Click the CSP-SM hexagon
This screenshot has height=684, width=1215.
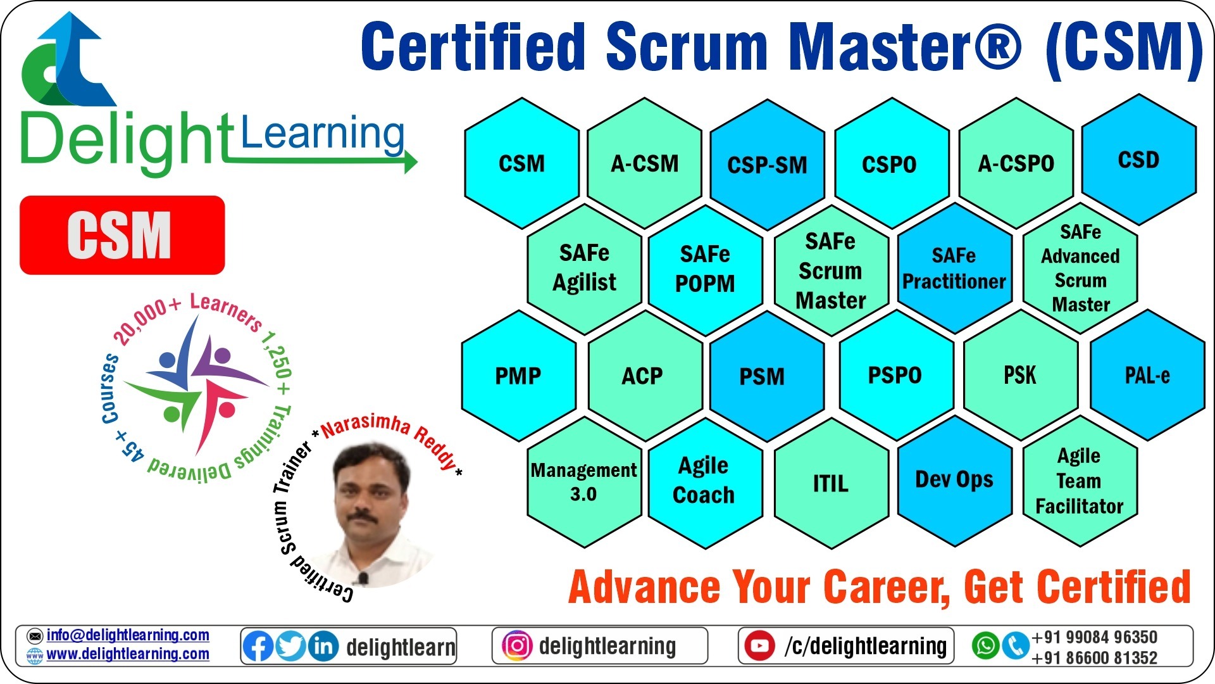[767, 165]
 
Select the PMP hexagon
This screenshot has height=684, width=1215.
[518, 376]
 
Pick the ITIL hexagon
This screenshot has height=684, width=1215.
[830, 484]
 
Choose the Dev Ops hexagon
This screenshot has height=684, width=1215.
[954, 480]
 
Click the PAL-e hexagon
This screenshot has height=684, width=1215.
[1147, 376]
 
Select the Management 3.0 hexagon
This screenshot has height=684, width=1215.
[583, 482]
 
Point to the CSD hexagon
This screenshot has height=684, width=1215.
[1138, 160]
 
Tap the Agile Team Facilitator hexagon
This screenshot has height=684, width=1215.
[1080, 481]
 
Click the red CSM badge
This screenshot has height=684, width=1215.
[121, 235]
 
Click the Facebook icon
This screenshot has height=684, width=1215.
[258, 646]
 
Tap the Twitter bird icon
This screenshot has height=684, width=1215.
[290, 646]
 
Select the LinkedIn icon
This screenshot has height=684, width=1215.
[323, 646]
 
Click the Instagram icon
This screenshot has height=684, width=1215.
[517, 646]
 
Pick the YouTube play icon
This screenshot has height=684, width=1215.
[759, 646]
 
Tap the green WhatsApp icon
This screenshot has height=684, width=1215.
[985, 646]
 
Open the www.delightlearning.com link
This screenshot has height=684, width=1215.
[127, 654]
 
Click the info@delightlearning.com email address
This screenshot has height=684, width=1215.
[127, 635]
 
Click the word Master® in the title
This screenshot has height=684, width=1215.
[905, 47]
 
